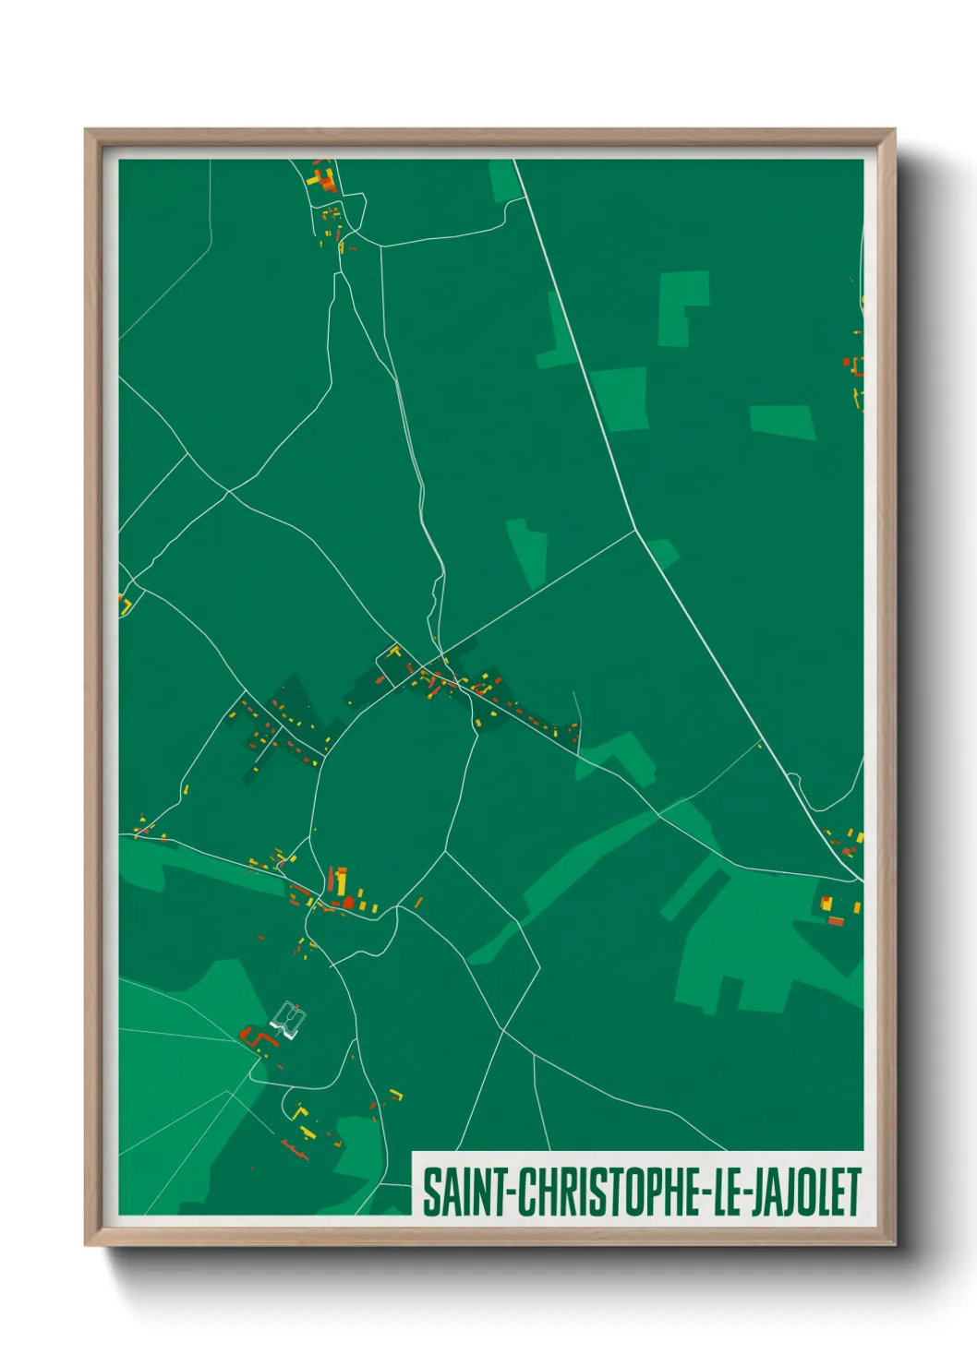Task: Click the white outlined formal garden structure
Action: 289,1021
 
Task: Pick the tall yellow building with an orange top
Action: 341,881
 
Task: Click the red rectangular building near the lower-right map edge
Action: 836,920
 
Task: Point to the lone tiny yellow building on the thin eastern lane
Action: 760,745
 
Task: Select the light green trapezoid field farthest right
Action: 782,421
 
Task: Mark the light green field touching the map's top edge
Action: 504,180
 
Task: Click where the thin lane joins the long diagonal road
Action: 635,530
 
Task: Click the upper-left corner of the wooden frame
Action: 87,131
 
